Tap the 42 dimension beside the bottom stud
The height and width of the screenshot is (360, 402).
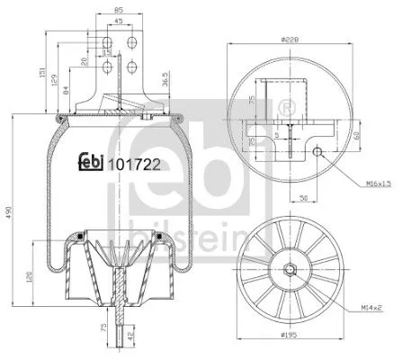click(133, 337)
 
